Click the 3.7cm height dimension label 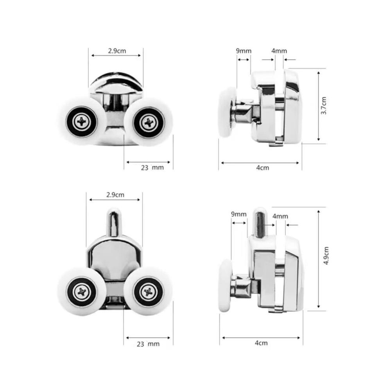(324, 106)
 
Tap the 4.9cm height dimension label (326, 256)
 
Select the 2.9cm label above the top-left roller (117, 51)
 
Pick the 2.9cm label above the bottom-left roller (115, 195)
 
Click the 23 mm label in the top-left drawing (152, 168)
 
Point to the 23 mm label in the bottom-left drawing (148, 344)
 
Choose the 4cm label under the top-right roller (263, 168)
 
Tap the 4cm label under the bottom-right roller (261, 343)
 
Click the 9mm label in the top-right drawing (244, 51)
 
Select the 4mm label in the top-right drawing (279, 51)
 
